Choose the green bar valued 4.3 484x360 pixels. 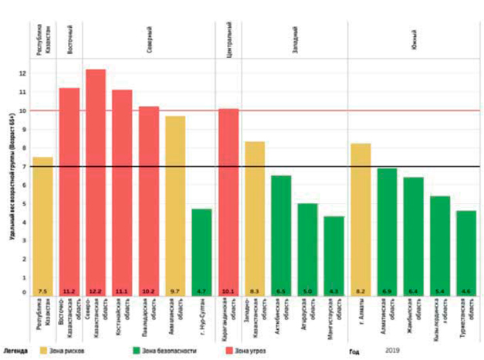click(333, 256)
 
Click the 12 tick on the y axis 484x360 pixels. click(23, 73)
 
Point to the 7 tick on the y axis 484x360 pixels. click(24, 167)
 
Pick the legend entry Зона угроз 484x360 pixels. click(256, 351)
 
